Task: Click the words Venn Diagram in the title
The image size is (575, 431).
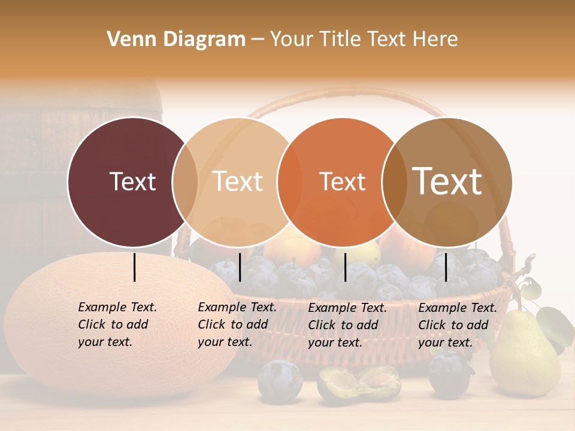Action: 176,40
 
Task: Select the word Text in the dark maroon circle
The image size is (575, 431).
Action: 132,181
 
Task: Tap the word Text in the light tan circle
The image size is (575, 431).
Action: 238,181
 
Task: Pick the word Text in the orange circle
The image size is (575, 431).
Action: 342,181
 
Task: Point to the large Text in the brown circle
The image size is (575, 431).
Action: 447,181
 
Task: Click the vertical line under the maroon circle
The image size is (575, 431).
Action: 134,267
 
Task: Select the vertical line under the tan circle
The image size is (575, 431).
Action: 240,267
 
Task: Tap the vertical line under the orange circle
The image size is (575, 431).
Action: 345,267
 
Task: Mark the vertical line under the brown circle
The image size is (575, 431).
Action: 446,267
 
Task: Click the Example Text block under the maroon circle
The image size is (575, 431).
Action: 117,324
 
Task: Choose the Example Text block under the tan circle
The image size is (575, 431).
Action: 237,324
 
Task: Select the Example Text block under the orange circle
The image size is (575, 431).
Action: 347,325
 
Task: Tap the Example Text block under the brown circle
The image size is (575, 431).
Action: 457,325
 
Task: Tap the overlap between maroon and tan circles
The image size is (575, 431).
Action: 185,181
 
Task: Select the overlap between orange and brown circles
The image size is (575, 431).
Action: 392,181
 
